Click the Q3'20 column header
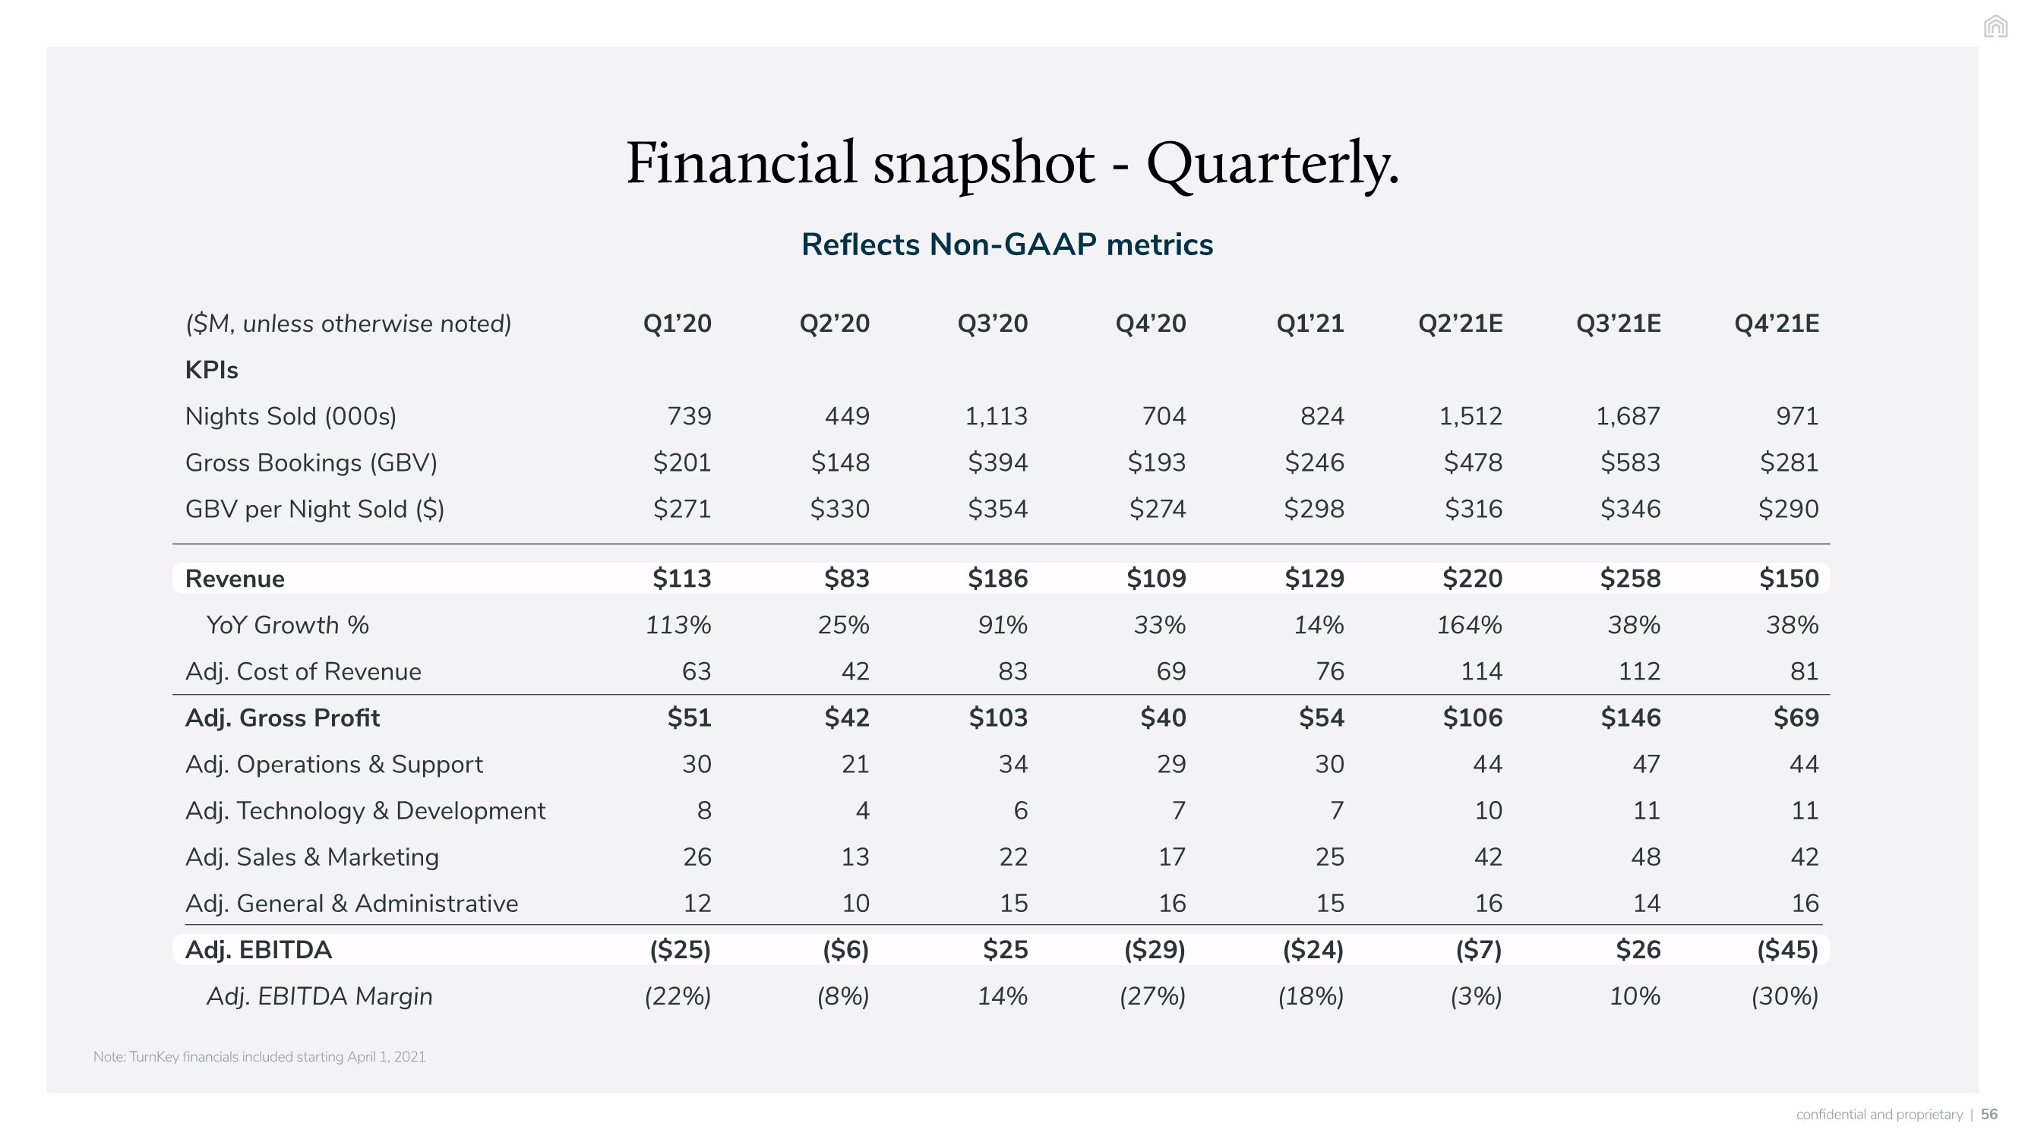[x=992, y=323]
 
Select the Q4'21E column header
[x=1777, y=323]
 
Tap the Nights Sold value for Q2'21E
[x=1470, y=416]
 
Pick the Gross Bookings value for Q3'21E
[x=1630, y=462]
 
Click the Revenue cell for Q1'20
[x=681, y=579]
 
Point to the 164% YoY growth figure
[x=1469, y=625]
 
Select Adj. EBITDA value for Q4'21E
[x=1787, y=950]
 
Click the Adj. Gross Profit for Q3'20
[x=997, y=718]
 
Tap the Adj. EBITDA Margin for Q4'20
[x=1152, y=996]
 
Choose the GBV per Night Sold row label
[x=314, y=510]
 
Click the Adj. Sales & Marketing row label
[x=312, y=857]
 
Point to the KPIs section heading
[x=211, y=370]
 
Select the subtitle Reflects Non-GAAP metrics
[x=1007, y=245]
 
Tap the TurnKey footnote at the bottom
[x=260, y=1056]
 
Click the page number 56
[x=1989, y=1114]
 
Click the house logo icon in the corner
[x=1996, y=27]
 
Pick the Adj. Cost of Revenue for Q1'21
[x=1329, y=671]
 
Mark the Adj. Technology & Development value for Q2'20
[x=862, y=810]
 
